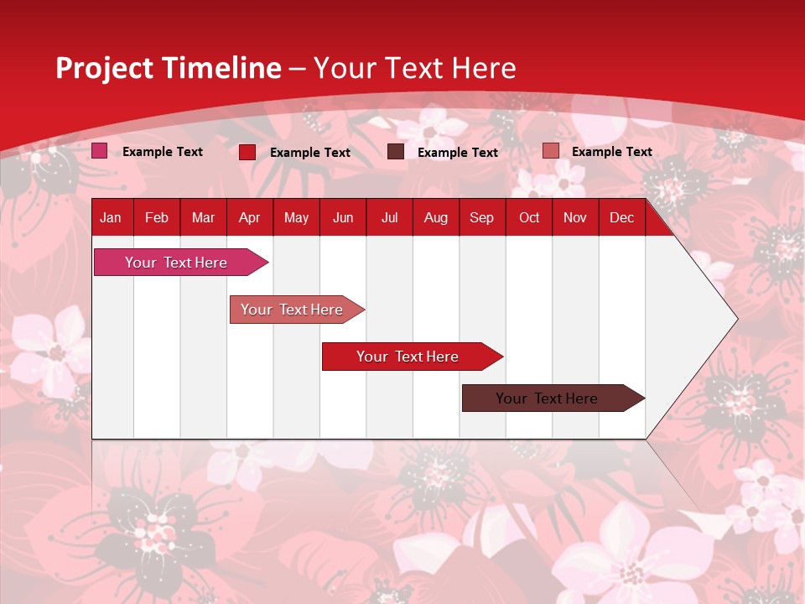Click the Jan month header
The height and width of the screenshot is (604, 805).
[x=111, y=218]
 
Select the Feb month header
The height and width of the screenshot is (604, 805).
[x=157, y=218]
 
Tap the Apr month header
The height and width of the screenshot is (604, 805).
[x=250, y=218]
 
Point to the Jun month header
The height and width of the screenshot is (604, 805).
[x=343, y=218]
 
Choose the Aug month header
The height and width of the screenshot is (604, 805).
[x=436, y=218]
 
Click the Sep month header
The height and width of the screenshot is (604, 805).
[x=482, y=218]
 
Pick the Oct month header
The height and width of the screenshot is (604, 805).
[x=529, y=218]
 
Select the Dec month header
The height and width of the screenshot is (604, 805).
[x=622, y=218]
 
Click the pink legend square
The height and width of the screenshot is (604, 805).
[x=100, y=151]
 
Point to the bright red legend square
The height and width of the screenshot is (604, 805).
[x=247, y=152]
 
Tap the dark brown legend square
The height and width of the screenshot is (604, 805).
[x=396, y=152]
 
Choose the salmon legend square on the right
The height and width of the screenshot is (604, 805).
[x=550, y=151]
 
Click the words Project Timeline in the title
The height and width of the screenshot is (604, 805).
[x=169, y=68]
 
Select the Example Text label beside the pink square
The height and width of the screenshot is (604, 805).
[x=163, y=152]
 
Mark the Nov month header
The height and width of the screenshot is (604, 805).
[x=575, y=218]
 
